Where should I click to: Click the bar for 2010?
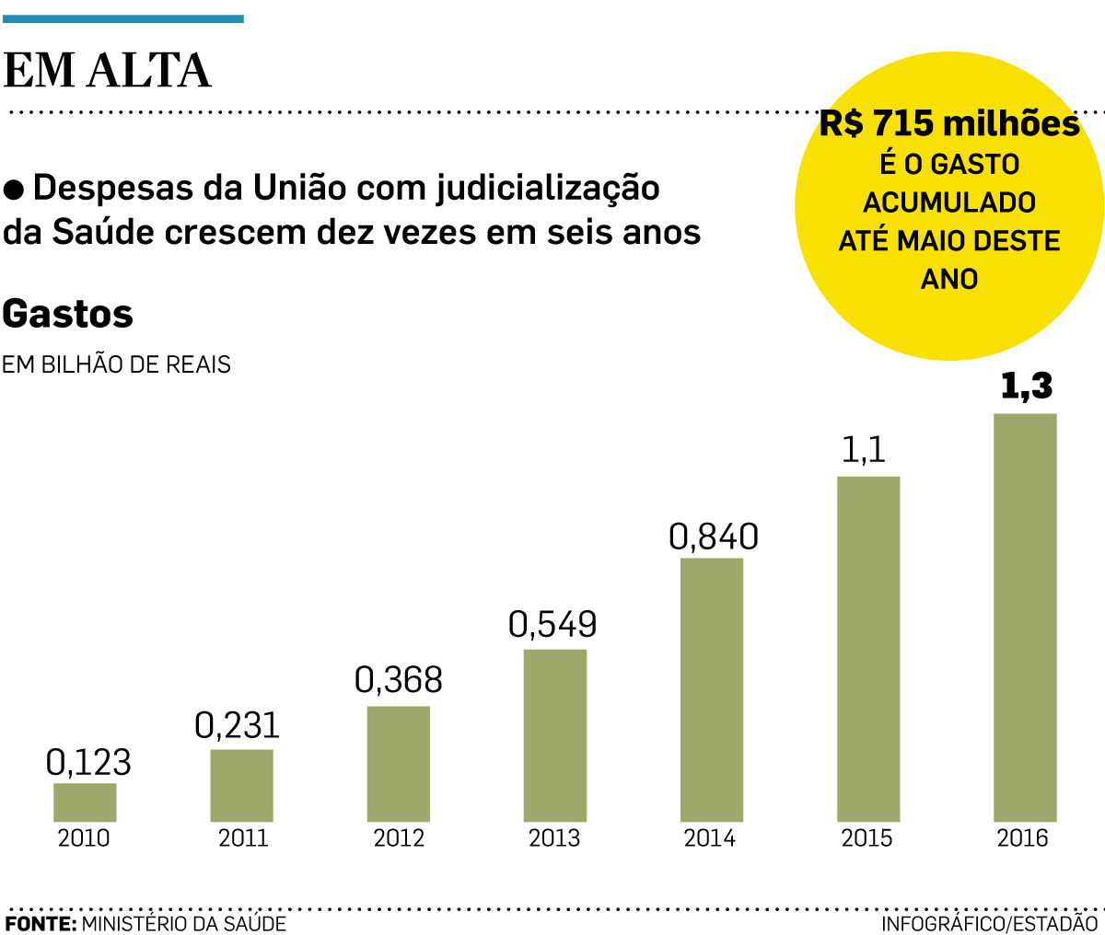point(85,802)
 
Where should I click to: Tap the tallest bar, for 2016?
point(1025,617)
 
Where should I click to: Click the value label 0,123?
point(88,762)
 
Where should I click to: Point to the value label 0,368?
point(399,680)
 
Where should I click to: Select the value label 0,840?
point(714,537)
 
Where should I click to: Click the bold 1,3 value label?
point(1026,387)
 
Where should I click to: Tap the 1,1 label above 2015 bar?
point(864,450)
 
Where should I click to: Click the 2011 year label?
point(243,838)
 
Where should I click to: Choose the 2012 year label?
point(399,838)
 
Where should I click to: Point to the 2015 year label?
point(867,838)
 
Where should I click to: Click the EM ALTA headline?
point(108,71)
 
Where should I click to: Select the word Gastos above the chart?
point(68,315)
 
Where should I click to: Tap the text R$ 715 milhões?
point(949,123)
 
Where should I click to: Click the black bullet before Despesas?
point(14,190)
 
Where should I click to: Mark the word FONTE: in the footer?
point(41,923)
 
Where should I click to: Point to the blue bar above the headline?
point(123,18)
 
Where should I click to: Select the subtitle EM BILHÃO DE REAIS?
point(116,364)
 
